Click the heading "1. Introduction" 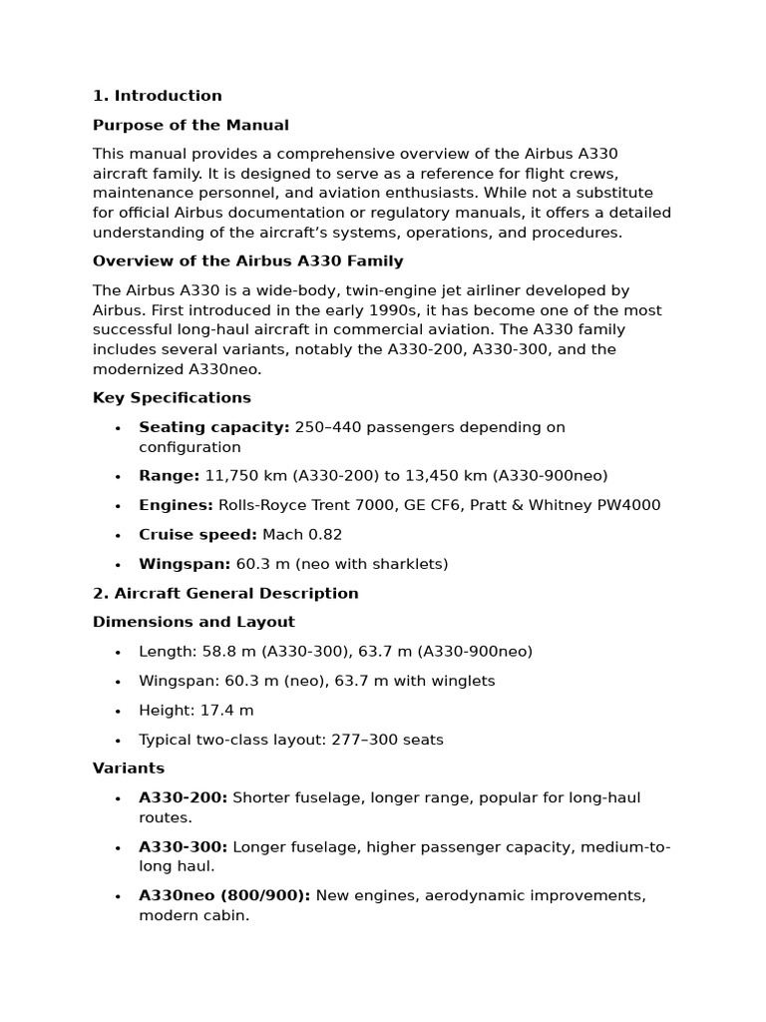[x=157, y=96]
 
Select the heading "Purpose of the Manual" [x=191, y=125]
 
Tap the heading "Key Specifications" [x=172, y=397]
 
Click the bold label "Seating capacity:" [x=213, y=427]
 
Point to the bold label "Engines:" [x=176, y=505]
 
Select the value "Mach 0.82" [x=302, y=534]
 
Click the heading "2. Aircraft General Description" [x=225, y=593]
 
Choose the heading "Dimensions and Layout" [x=193, y=622]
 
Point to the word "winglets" [x=462, y=681]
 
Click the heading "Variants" [x=129, y=768]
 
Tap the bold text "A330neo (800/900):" [x=224, y=895]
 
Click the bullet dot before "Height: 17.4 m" [x=118, y=711]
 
